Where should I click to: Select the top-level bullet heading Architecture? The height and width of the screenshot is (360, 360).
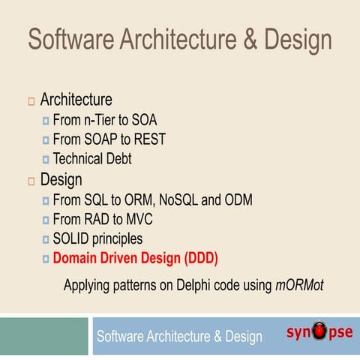click(76, 100)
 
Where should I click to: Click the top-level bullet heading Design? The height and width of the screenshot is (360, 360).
click(61, 180)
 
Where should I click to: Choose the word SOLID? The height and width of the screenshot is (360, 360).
click(73, 240)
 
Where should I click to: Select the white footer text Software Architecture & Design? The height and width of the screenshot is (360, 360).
click(179, 337)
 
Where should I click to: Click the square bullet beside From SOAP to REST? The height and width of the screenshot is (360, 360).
click(46, 140)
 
